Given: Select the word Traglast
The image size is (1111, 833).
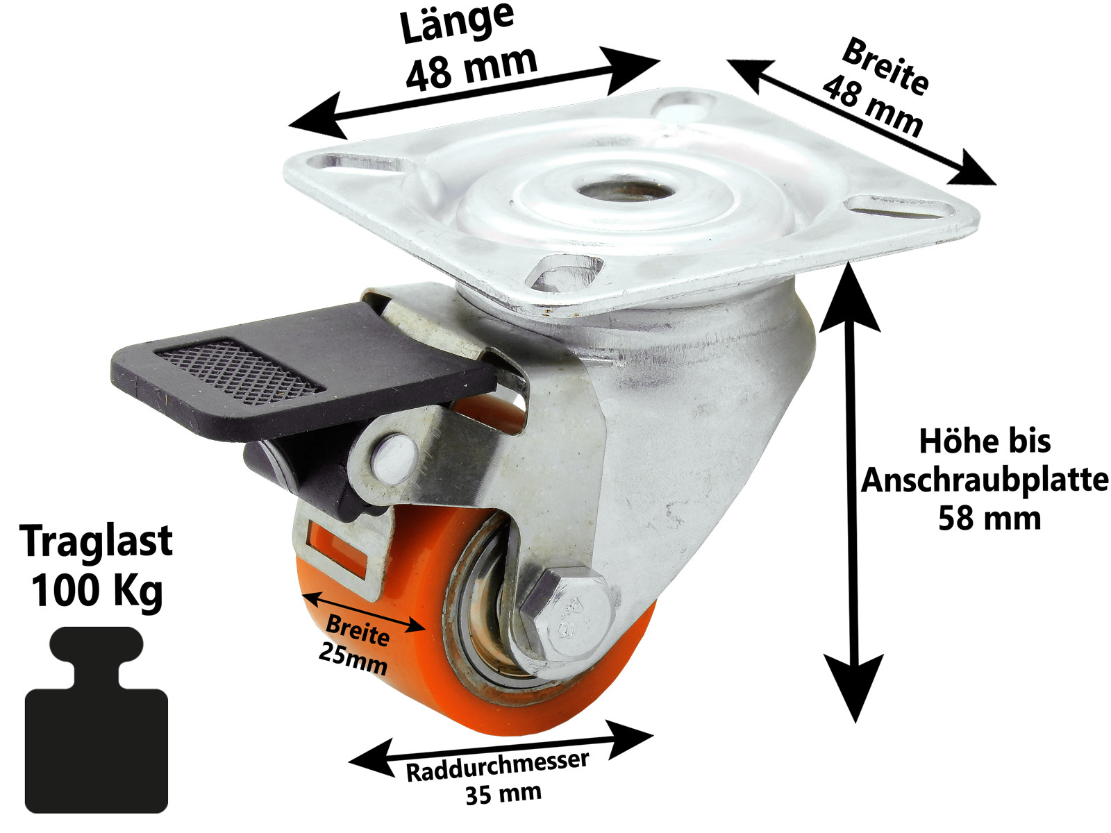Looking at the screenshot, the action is pyautogui.click(x=97, y=541).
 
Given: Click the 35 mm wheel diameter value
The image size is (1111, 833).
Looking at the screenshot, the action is pyautogui.click(x=503, y=793).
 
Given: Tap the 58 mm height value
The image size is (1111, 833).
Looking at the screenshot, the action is pyautogui.click(x=989, y=519).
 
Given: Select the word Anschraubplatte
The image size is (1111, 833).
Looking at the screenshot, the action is pyautogui.click(x=985, y=480).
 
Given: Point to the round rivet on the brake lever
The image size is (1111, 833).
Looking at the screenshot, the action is pyautogui.click(x=394, y=457).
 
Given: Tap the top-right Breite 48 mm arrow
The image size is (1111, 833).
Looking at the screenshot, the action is pyautogui.click(x=861, y=122).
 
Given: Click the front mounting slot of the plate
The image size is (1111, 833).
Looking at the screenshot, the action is pyautogui.click(x=563, y=272).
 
